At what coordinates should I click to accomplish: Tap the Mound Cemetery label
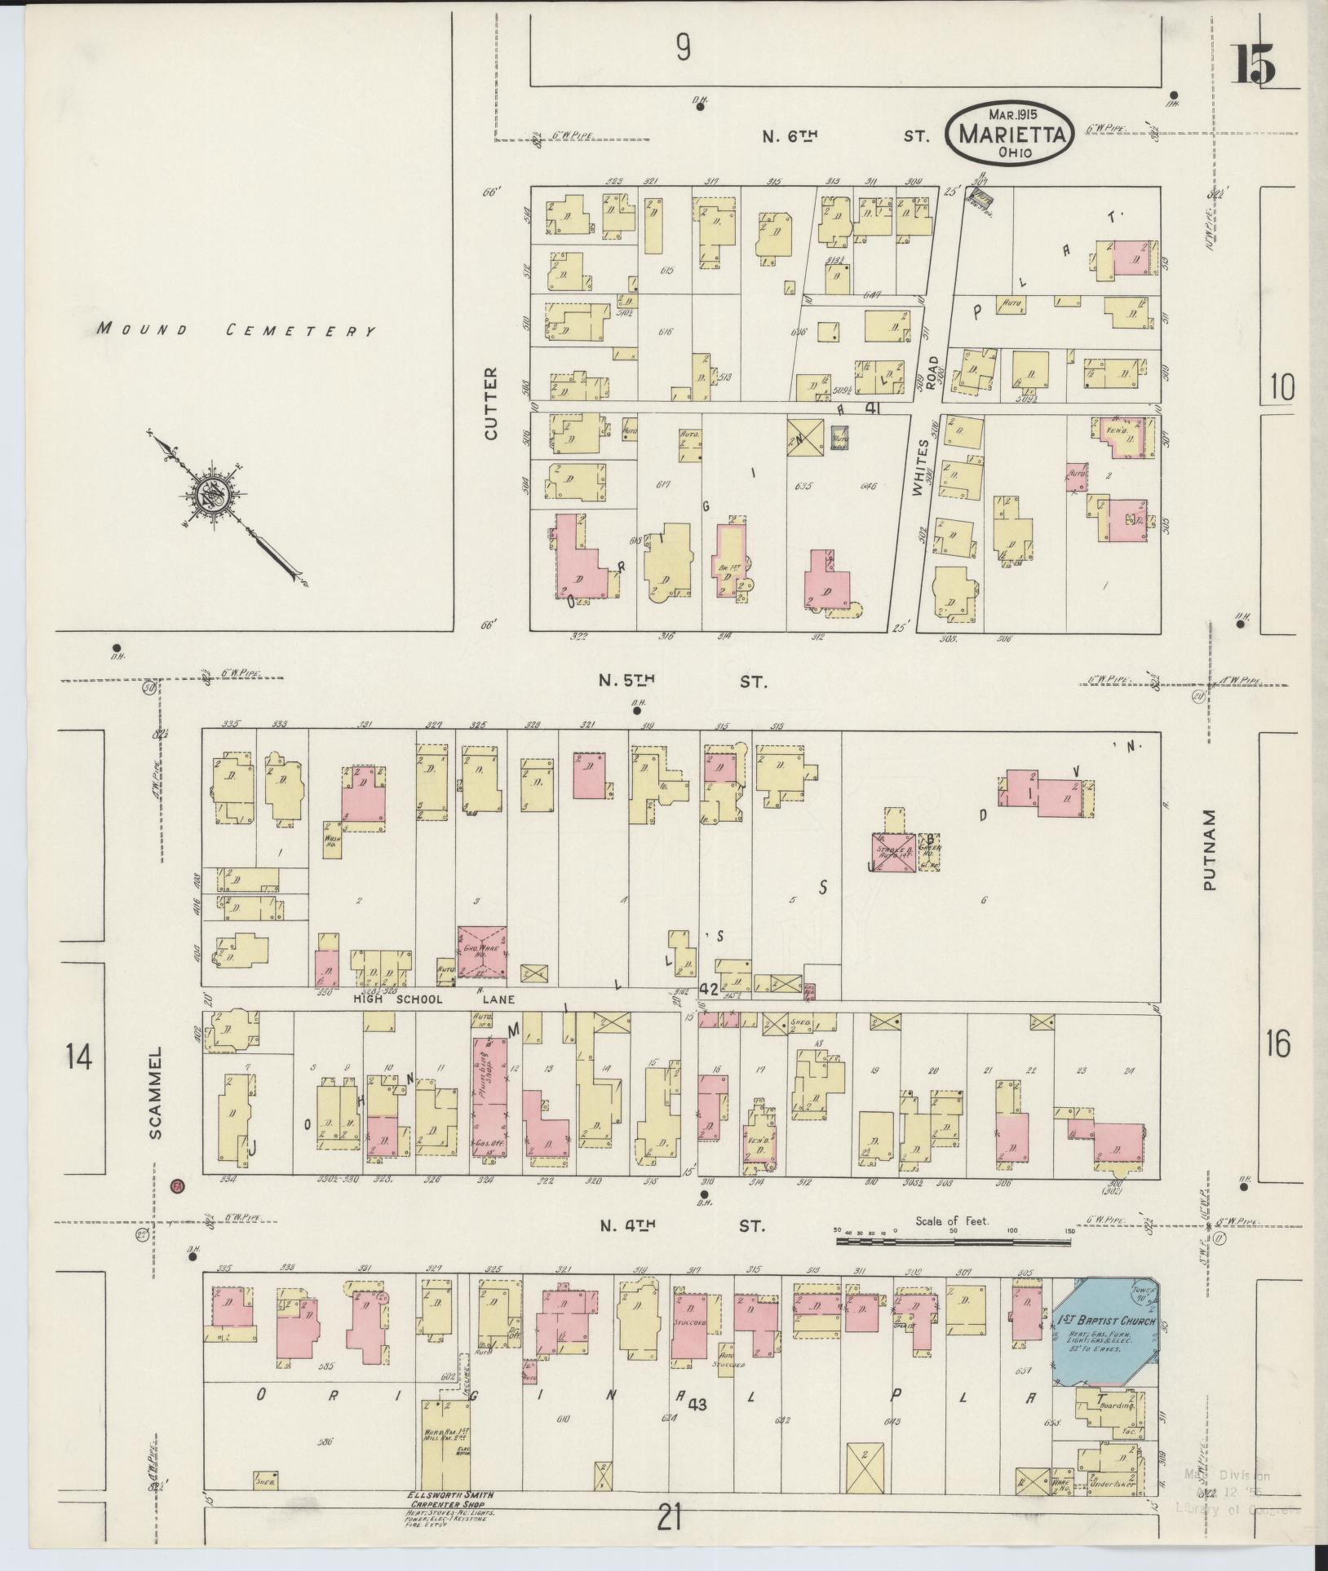[236, 330]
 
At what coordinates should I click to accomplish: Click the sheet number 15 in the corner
[1255, 64]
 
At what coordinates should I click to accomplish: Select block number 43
[697, 1405]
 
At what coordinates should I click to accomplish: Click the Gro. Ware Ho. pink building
[482, 951]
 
